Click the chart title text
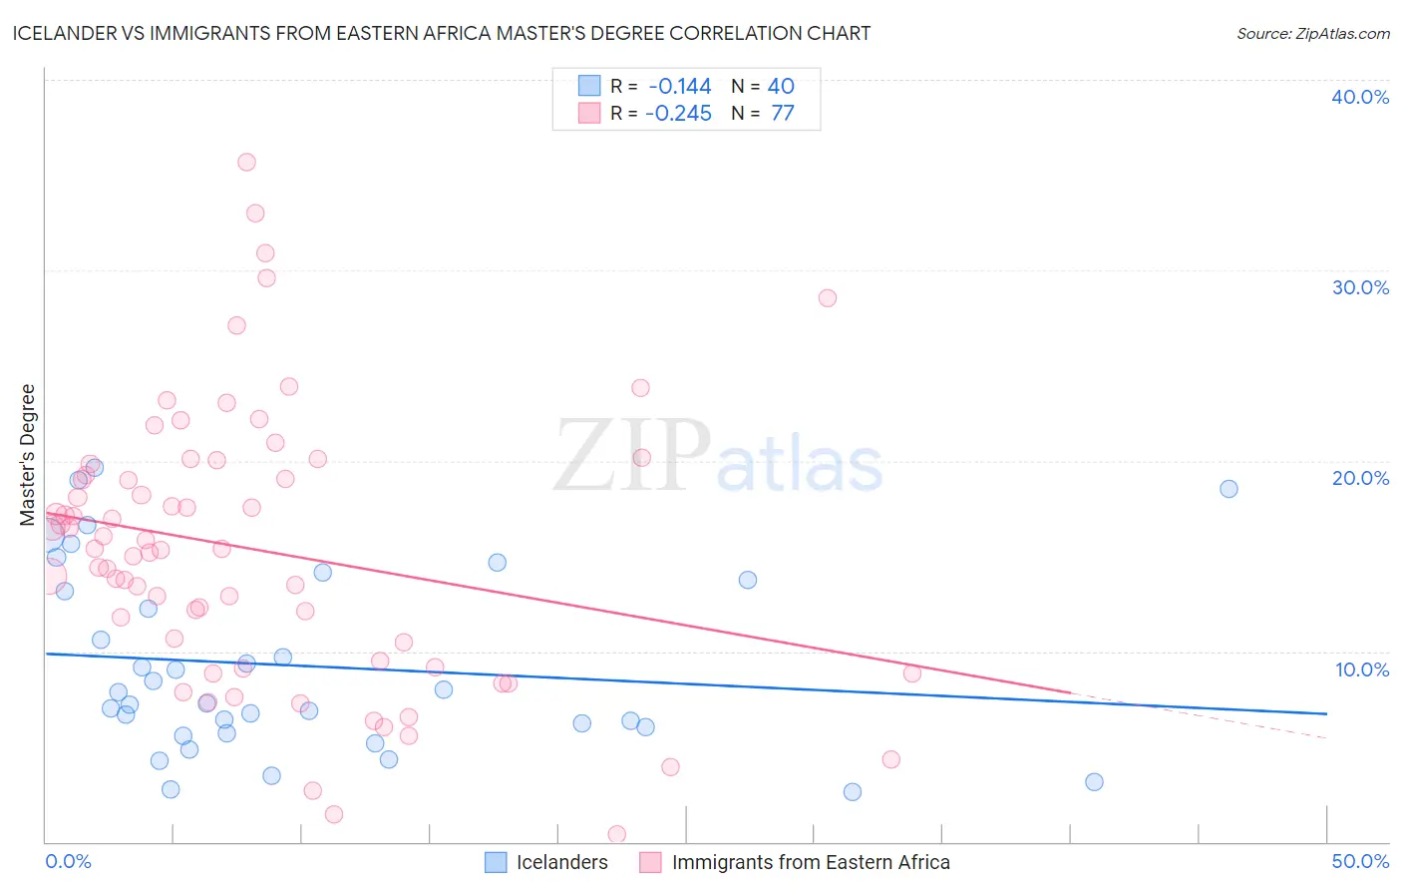pyautogui.click(x=442, y=33)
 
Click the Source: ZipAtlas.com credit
pyautogui.click(x=1312, y=34)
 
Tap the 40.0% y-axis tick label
pyautogui.click(x=1360, y=97)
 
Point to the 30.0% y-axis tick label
pyautogui.click(x=1360, y=287)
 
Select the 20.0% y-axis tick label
pyautogui.click(x=1360, y=478)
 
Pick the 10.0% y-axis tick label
pyautogui.click(x=1360, y=669)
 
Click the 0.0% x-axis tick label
pyautogui.click(x=68, y=861)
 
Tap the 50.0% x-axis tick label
pyautogui.click(x=1360, y=861)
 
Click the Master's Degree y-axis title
pyautogui.click(x=28, y=454)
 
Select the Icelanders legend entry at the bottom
pyautogui.click(x=561, y=862)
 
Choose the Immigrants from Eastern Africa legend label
pyautogui.click(x=810, y=862)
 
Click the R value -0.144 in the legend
pyautogui.click(x=679, y=87)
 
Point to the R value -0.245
pyautogui.click(x=679, y=114)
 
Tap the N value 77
pyautogui.click(x=783, y=114)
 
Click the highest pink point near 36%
pyautogui.click(x=246, y=162)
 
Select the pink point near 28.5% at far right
pyautogui.click(x=827, y=297)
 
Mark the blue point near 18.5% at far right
pyautogui.click(x=1228, y=489)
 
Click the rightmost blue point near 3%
pyautogui.click(x=1094, y=781)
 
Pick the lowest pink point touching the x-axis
pyautogui.click(x=617, y=834)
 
